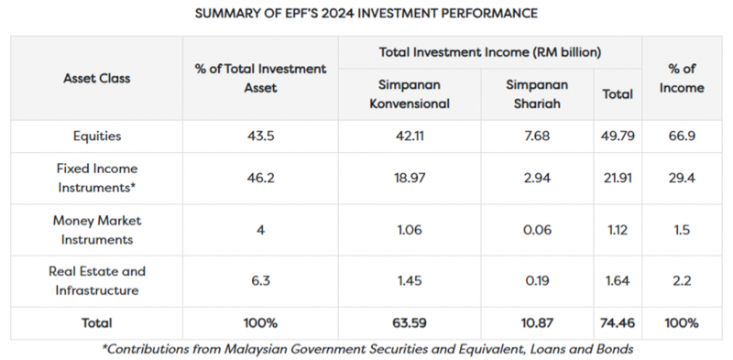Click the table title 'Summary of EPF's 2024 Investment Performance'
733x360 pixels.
(x=366, y=14)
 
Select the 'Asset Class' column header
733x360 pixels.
(x=96, y=78)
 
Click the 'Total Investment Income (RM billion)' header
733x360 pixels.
(x=490, y=52)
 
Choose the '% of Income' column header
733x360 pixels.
(x=682, y=78)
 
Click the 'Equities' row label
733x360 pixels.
(x=96, y=136)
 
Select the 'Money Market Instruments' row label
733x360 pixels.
(x=96, y=229)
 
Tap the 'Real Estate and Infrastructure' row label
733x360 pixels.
(x=96, y=279)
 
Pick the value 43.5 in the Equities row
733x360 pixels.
(x=260, y=136)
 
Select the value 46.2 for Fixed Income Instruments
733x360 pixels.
(x=260, y=179)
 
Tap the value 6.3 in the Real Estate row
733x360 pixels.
(x=260, y=279)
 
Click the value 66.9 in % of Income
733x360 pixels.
(x=682, y=136)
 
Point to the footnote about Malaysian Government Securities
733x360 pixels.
(x=366, y=348)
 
